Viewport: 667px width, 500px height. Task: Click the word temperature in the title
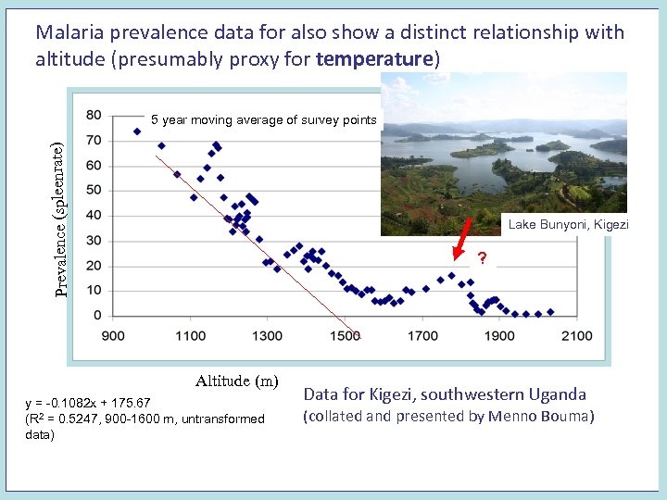tap(374, 59)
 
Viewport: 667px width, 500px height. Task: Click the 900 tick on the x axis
tap(113, 335)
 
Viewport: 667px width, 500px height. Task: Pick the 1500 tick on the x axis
tap(345, 335)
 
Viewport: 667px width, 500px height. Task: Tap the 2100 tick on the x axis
tap(576, 335)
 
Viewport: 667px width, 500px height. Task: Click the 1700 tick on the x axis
tap(422, 335)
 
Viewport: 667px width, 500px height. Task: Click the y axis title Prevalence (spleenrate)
tap(59, 219)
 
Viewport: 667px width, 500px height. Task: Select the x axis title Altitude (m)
tap(236, 381)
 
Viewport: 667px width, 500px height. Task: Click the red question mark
tap(482, 257)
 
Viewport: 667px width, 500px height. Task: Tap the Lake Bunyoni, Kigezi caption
tap(568, 225)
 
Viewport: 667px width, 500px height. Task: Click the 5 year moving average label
tap(264, 119)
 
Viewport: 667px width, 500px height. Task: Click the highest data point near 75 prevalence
tap(137, 131)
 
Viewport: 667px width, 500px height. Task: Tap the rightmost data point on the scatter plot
tap(550, 312)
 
